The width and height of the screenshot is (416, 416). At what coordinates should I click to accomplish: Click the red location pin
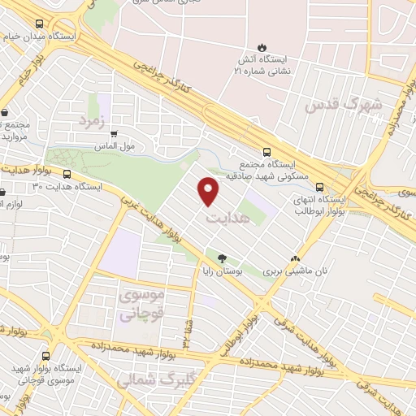(210, 191)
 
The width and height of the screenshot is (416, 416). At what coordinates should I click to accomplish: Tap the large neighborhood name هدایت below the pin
(223, 219)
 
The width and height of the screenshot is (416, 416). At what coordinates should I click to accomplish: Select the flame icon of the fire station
(262, 46)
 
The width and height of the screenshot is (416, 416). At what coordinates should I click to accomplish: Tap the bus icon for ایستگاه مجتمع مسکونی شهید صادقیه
(267, 151)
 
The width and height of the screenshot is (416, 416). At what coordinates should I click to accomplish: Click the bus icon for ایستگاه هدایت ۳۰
(67, 173)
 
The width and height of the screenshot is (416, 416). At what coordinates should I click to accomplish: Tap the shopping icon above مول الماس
(113, 135)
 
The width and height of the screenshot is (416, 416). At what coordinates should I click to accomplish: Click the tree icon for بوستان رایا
(223, 258)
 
